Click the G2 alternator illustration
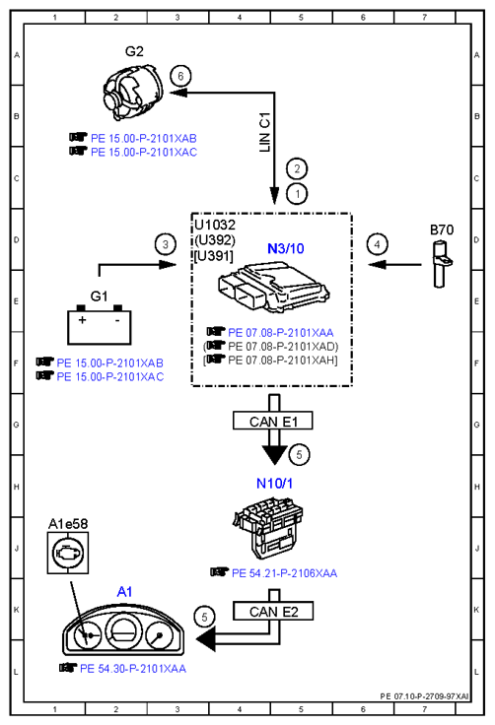[133, 91]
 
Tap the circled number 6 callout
[180, 76]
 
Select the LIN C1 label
[264, 132]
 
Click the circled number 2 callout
[297, 168]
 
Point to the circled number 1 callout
[297, 194]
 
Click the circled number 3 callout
[166, 244]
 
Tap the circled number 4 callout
[377, 244]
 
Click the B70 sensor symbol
[441, 265]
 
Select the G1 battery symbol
[99, 325]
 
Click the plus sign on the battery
[82, 319]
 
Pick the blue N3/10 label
[286, 249]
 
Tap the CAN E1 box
[273, 422]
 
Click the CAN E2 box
[273, 612]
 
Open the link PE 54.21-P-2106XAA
[284, 573]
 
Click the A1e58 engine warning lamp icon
[68, 553]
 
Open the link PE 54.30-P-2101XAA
[133, 669]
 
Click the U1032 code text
[215, 225]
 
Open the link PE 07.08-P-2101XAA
[281, 332]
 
